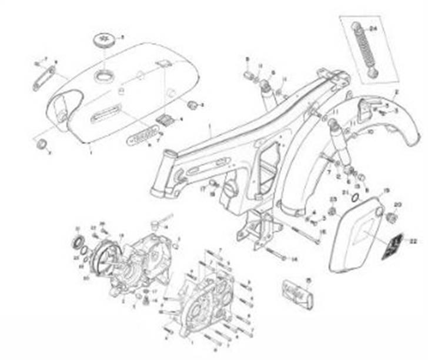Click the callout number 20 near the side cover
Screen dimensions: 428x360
[397, 204]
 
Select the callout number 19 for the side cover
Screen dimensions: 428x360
[386, 189]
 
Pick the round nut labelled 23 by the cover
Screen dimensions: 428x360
[332, 210]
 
